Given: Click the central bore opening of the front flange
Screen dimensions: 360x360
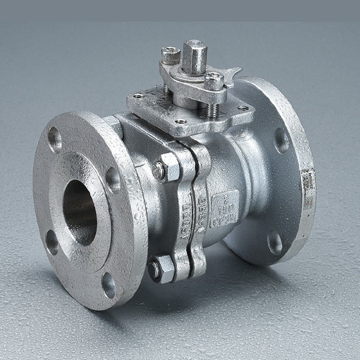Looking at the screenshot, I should [79, 212].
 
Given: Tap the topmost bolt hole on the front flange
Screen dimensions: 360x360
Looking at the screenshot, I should [55, 139].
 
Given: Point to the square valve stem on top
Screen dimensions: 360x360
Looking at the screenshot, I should [194, 56].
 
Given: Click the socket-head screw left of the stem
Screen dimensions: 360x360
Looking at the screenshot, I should [170, 56].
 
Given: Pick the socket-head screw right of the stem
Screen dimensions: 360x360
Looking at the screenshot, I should [214, 81].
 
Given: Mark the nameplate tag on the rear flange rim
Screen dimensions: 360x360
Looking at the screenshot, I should [308, 189].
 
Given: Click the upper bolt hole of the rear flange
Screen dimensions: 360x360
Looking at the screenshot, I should [281, 140].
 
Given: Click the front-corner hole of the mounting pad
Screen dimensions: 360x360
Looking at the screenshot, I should [181, 121].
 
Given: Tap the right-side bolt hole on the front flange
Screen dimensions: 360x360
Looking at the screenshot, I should [113, 179].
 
